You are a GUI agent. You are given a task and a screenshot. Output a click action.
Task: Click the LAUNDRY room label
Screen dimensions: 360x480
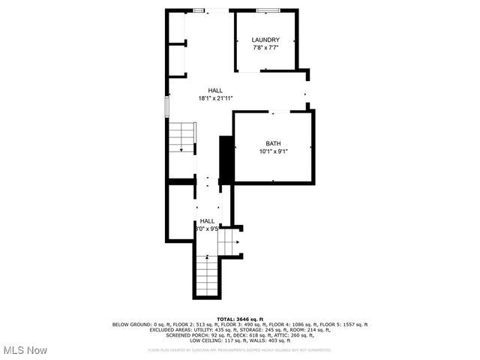coord(265,40)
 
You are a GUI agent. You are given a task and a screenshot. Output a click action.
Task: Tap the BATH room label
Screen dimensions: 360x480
coord(273,143)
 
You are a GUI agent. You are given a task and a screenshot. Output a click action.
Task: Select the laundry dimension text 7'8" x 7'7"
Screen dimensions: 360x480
coord(265,48)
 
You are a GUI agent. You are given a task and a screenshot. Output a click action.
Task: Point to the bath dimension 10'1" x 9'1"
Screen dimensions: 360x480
coord(273,151)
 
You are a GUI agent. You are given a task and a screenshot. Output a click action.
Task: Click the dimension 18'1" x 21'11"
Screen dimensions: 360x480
coord(215,98)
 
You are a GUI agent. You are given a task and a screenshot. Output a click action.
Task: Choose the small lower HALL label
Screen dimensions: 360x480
coord(207,221)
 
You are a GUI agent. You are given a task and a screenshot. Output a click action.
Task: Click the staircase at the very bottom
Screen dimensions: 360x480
coord(206,277)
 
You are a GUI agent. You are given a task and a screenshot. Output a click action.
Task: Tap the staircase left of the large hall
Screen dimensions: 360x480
coord(181,137)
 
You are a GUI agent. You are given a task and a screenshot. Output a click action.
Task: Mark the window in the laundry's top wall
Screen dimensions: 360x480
coord(268,10)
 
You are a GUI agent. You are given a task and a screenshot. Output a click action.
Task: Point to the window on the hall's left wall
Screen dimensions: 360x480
coord(166,106)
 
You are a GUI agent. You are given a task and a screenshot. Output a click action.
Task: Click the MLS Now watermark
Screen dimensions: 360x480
coord(25,350)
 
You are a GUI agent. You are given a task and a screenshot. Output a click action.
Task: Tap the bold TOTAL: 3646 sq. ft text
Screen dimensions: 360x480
coord(241,319)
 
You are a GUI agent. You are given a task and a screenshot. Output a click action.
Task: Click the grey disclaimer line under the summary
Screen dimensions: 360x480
coord(240,349)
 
